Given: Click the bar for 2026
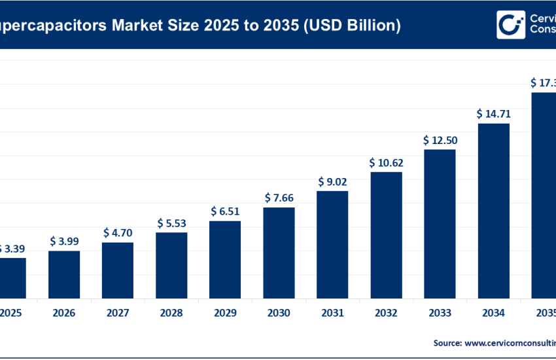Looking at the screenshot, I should point(64,274).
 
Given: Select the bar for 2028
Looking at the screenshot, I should point(171,264).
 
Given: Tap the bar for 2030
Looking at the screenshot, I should point(279,252).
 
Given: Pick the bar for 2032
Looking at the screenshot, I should point(386,234).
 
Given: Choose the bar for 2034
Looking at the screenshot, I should point(493,210).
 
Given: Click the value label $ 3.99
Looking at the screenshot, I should point(64,242).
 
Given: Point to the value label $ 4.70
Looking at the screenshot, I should point(118,233).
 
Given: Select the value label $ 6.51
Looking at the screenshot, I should point(225,211).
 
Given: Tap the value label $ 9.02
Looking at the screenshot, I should point(332,181).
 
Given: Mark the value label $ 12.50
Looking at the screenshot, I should point(440,140).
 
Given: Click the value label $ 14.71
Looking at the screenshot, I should point(493,114).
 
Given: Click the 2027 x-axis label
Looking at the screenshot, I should point(118,313).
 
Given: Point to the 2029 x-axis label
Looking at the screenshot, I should point(225,313).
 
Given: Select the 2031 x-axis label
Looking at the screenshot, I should point(332,313).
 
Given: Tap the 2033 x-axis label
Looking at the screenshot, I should point(440,313).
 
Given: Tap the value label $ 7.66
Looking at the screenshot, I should point(279,198).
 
